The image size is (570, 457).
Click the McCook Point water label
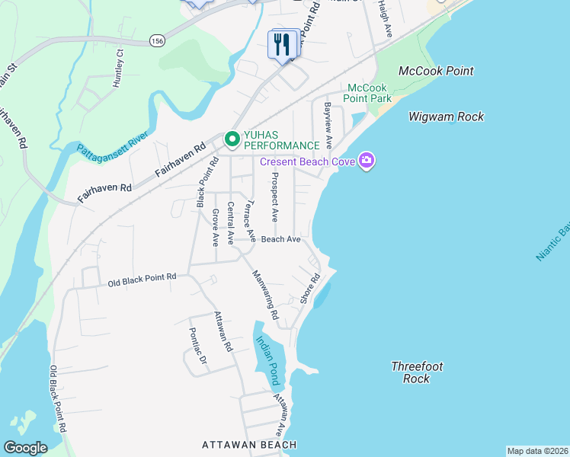(436, 71)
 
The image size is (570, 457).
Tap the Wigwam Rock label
(446, 117)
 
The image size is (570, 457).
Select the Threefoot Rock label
(417, 372)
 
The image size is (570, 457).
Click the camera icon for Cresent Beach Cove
(367, 161)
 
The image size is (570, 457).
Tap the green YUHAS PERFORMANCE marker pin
(232, 139)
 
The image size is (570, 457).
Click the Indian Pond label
(267, 361)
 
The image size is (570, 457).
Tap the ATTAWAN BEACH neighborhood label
(248, 444)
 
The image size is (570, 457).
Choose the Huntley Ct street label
(118, 69)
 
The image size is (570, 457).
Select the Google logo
(25, 448)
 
